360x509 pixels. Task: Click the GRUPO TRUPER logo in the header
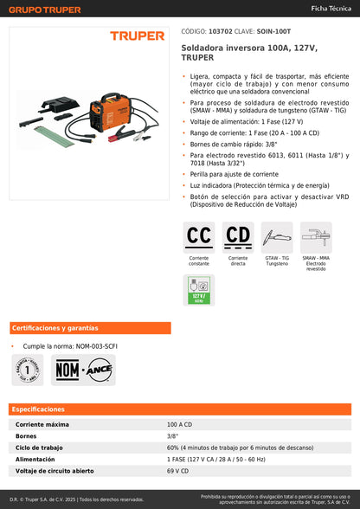pos(44,10)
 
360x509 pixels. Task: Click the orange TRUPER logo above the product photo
pos(137,36)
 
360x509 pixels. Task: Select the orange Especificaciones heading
pos(38,409)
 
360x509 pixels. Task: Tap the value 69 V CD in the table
pos(177,470)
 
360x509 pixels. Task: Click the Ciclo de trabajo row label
pos(39,448)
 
